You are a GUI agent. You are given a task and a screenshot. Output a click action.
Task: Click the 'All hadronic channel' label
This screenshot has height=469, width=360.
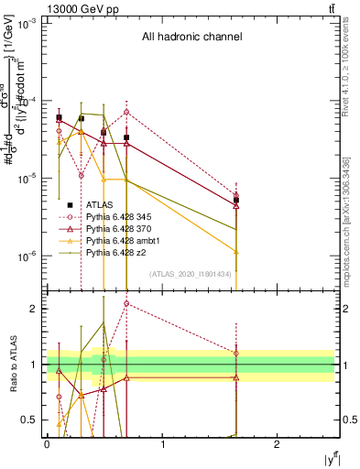point(191,38)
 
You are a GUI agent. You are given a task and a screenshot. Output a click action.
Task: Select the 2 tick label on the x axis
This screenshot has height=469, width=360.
point(277,444)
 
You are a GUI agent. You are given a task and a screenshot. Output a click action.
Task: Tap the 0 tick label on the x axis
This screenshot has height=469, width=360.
point(47,444)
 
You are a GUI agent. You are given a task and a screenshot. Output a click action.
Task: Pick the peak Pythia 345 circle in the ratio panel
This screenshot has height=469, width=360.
point(126,303)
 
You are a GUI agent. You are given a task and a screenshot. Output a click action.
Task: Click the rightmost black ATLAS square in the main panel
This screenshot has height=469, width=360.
point(236,200)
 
